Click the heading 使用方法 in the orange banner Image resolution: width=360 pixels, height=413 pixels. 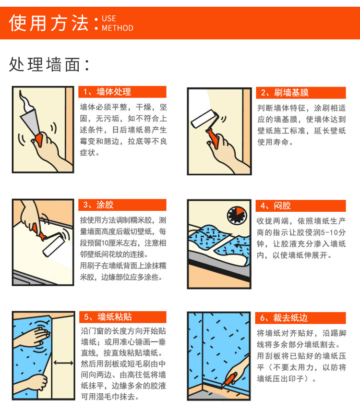click(x=48, y=23)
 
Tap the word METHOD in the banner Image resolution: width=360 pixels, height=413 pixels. click(x=118, y=28)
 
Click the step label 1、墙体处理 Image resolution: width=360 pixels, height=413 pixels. click(x=107, y=92)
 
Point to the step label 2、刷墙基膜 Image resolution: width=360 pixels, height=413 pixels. click(x=285, y=93)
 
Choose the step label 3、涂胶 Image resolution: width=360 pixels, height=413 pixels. click(x=98, y=205)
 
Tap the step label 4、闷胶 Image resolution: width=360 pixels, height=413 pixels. click(x=276, y=206)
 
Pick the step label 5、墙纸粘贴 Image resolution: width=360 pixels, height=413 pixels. click(x=108, y=317)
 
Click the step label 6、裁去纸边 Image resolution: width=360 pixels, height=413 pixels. click(x=284, y=318)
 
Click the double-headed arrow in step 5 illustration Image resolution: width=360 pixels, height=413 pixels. click(x=63, y=363)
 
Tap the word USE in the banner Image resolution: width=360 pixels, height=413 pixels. click(x=109, y=18)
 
